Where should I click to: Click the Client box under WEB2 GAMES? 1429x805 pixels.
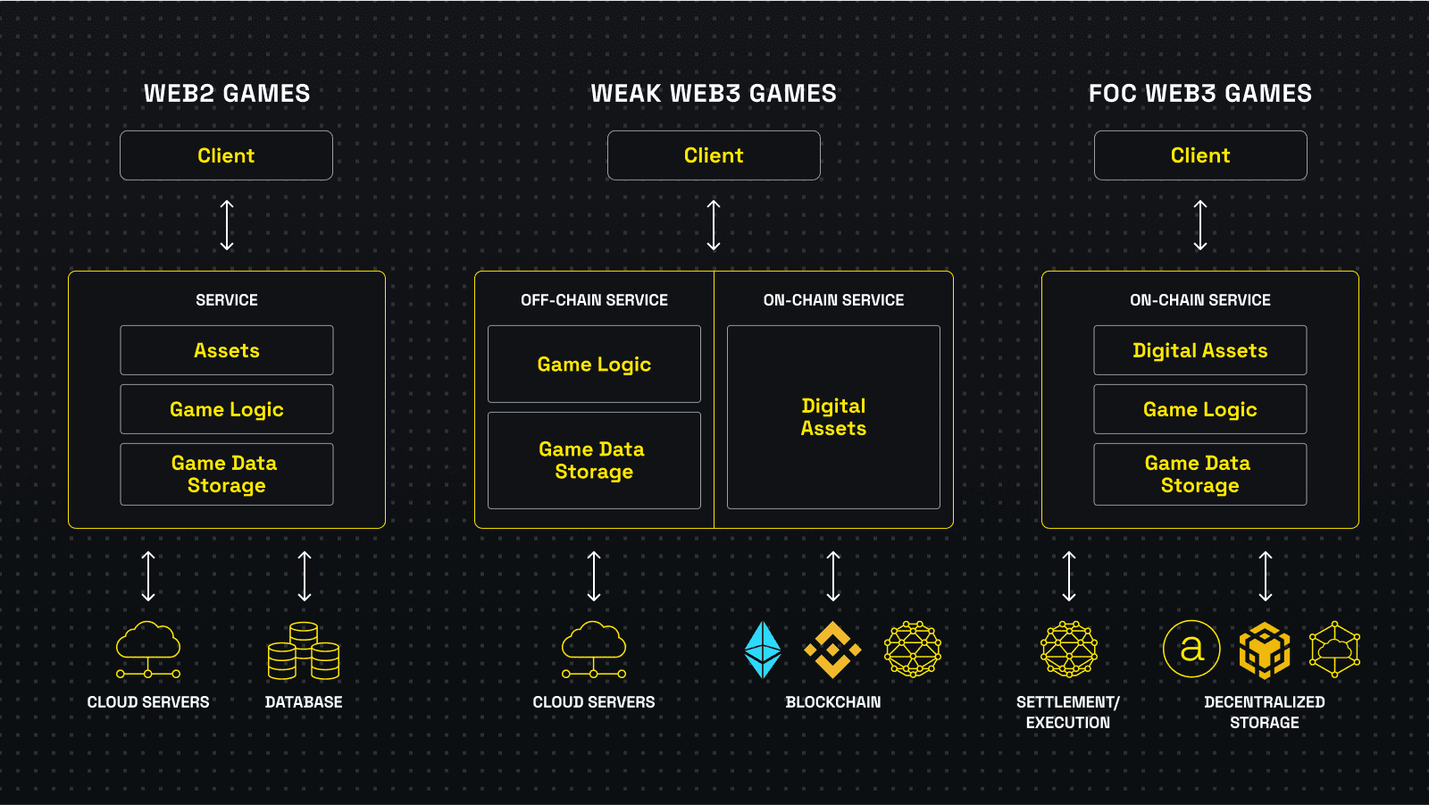click(226, 155)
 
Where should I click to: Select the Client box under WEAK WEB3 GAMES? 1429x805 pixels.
click(714, 155)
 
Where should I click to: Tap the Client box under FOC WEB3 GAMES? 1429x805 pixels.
click(1200, 155)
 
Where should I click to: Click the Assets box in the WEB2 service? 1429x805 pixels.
click(227, 350)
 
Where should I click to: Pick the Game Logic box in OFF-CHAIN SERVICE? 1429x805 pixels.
click(594, 364)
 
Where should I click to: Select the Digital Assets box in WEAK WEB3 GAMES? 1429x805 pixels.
click(833, 417)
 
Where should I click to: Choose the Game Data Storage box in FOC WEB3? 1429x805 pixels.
click(1199, 474)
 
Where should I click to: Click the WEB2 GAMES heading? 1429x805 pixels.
click(227, 93)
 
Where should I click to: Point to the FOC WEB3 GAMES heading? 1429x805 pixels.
click(1200, 93)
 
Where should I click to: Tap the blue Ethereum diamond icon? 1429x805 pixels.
click(763, 650)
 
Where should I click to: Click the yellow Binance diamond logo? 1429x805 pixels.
click(832, 650)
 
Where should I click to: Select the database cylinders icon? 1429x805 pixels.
click(304, 650)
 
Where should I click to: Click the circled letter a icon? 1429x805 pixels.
click(1191, 649)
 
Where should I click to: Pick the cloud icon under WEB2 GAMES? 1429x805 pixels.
click(148, 650)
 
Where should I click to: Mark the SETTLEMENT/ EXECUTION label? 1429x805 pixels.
click(1068, 712)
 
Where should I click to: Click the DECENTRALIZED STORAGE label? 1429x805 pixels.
click(1265, 712)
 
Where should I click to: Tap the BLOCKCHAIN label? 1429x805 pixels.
click(833, 702)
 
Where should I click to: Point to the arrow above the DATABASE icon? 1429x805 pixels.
click(305, 576)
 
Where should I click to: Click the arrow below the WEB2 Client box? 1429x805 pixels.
click(227, 225)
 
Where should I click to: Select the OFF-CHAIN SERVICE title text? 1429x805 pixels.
click(594, 300)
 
